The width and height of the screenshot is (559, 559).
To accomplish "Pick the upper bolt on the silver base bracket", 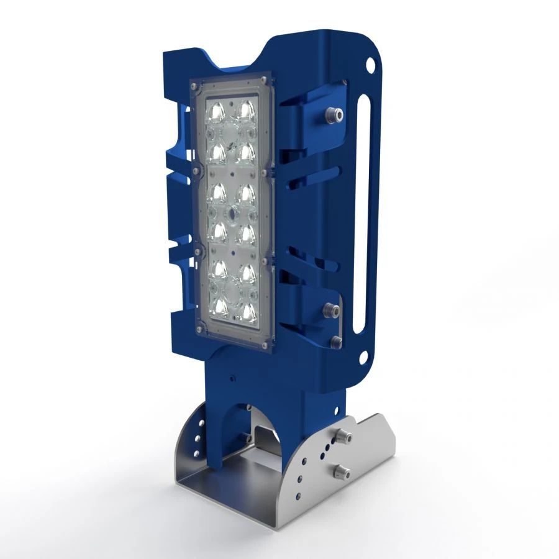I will (x=342, y=435).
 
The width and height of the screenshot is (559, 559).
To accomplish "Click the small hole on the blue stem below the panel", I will (x=230, y=376).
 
